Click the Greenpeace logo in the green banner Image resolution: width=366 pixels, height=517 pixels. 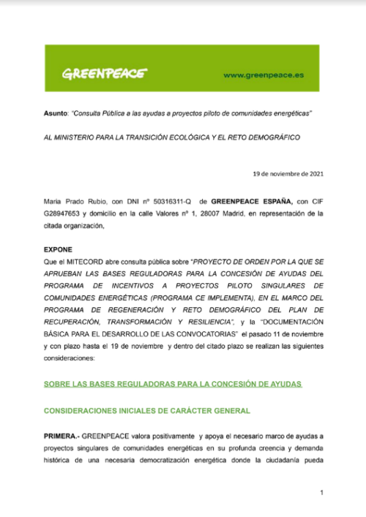(x=103, y=74)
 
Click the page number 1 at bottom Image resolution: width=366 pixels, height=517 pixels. (x=321, y=493)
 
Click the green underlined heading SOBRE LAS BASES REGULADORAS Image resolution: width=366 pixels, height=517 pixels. (x=172, y=384)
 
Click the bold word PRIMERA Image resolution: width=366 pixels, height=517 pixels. (x=61, y=436)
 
